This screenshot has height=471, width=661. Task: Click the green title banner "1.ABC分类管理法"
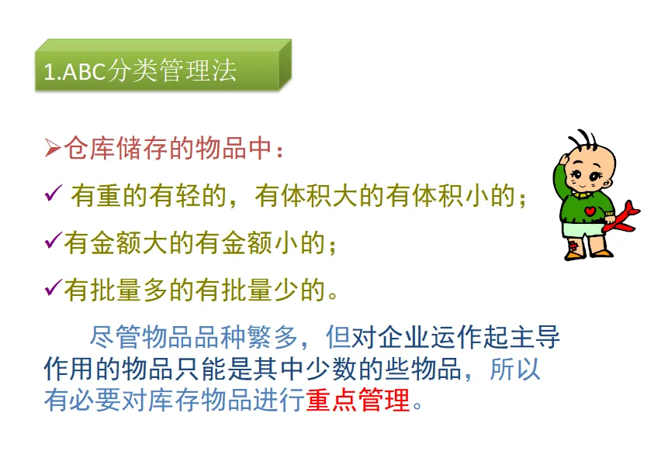pyautogui.click(x=163, y=65)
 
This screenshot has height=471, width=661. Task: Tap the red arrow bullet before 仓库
pyautogui.click(x=53, y=148)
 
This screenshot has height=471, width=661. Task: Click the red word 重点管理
pyautogui.click(x=358, y=400)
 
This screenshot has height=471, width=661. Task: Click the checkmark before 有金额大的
pyautogui.click(x=53, y=240)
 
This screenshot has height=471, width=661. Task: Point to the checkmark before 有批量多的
pyautogui.click(x=53, y=287)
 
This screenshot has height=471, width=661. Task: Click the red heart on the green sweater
pyautogui.click(x=590, y=211)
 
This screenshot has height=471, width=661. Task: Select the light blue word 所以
pyautogui.click(x=514, y=370)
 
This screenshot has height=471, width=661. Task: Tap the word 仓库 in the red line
pyautogui.click(x=89, y=148)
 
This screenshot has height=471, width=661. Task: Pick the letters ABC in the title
pyautogui.click(x=85, y=71)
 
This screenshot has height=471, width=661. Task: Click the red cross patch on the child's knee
pyautogui.click(x=573, y=246)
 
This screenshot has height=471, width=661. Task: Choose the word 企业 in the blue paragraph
pyautogui.click(x=403, y=337)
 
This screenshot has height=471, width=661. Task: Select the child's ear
pyautogui.click(x=607, y=184)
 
